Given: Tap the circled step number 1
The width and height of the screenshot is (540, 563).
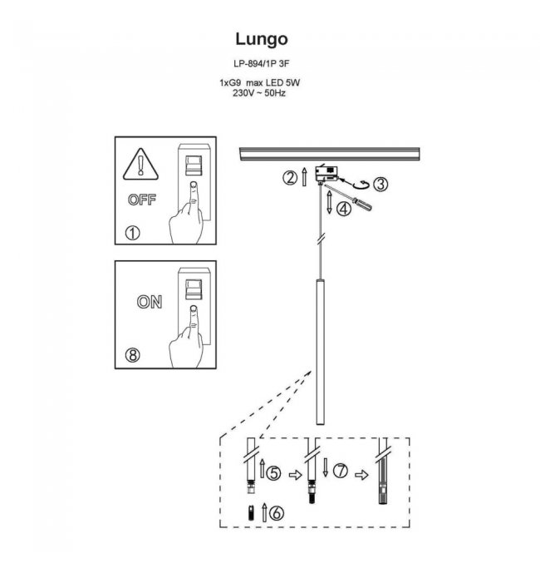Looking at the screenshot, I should click(130, 233).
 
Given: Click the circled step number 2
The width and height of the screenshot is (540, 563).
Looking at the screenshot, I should click(290, 176).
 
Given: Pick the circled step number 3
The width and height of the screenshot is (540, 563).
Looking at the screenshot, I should click(380, 184).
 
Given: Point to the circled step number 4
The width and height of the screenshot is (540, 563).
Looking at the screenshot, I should click(344, 210).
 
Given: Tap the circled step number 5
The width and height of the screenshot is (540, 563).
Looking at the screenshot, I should click(273, 472).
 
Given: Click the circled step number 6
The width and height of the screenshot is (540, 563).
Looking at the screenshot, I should click(277, 512).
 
